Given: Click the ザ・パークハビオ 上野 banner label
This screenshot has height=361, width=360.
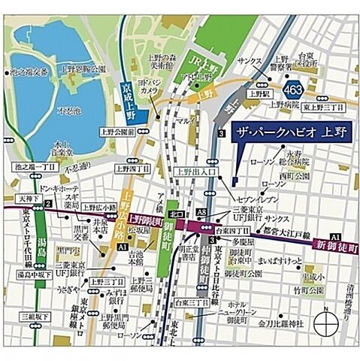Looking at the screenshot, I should pos(286,129).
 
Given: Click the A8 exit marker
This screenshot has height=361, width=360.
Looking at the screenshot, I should pos(201,213).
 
